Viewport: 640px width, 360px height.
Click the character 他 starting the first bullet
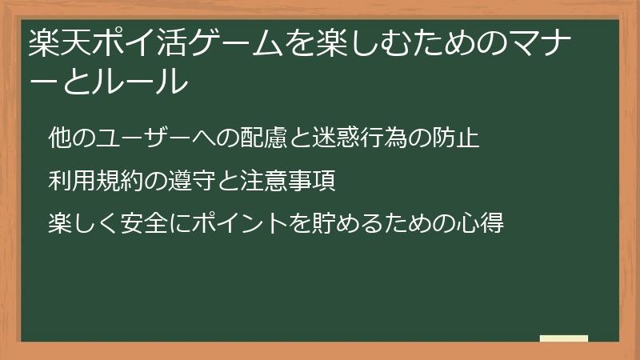(x=59, y=138)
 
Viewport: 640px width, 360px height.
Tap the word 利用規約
(x=94, y=181)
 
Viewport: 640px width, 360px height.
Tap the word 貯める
(x=334, y=222)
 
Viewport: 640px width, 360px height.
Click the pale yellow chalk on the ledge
(x=563, y=338)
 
